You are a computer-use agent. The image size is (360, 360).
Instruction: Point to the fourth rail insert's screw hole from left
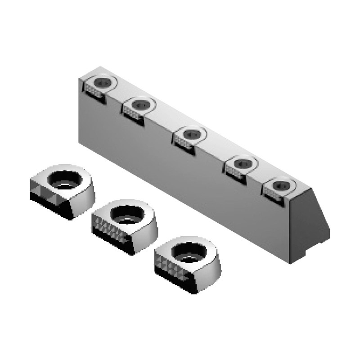242,162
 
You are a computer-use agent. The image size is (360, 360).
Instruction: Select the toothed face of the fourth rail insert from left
234,171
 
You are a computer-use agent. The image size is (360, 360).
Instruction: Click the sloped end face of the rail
310,225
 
